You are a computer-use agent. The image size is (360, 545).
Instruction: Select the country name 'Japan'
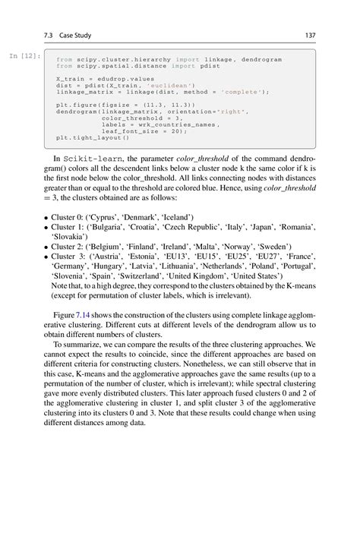pos(265,226)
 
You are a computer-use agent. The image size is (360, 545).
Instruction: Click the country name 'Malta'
pos(214,247)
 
